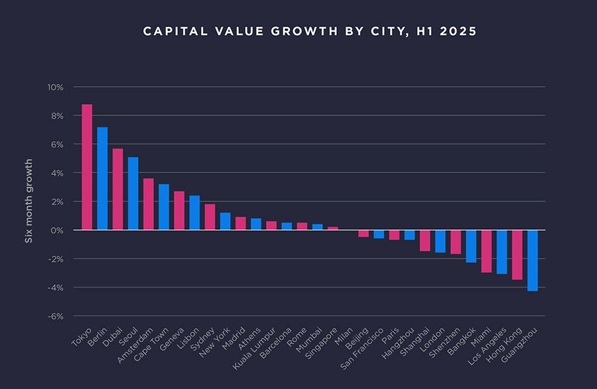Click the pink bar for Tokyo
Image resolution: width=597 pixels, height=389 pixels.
(x=87, y=167)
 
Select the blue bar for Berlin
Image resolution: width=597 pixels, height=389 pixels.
(x=102, y=178)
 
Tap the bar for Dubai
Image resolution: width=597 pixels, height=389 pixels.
(x=117, y=189)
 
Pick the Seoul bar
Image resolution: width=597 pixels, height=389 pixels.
(x=133, y=194)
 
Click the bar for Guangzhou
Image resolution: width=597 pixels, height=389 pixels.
(x=532, y=260)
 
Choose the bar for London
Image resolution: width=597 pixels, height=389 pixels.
(x=440, y=241)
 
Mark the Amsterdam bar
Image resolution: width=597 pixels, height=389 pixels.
(x=149, y=204)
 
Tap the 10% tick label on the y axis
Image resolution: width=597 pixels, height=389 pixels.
(x=54, y=87)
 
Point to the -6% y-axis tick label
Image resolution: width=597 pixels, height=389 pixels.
(x=54, y=316)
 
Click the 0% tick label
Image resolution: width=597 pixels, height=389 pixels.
(x=56, y=231)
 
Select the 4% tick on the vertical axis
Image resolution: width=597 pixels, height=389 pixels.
(x=56, y=173)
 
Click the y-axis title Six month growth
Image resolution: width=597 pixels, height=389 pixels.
(x=29, y=201)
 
